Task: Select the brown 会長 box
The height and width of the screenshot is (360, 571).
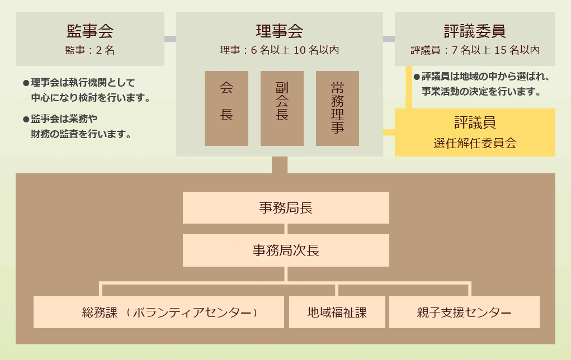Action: click(x=226, y=108)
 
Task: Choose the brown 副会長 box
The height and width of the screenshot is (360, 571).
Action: click(x=282, y=108)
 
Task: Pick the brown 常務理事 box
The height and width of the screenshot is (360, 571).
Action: click(x=337, y=108)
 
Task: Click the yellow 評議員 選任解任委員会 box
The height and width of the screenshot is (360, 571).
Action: click(x=475, y=132)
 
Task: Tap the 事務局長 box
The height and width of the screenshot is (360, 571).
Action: click(x=286, y=208)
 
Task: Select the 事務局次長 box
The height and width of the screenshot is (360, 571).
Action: click(x=286, y=250)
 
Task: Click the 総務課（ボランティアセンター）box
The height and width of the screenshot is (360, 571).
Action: click(x=159, y=312)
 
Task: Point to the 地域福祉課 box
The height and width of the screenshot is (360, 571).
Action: click(x=337, y=312)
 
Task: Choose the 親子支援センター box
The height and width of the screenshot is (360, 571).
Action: click(x=464, y=312)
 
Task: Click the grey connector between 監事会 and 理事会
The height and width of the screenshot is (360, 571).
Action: click(x=170, y=39)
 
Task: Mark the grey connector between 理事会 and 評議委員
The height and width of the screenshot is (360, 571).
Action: click(x=389, y=39)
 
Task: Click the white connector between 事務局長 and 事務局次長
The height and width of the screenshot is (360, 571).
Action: click(x=286, y=229)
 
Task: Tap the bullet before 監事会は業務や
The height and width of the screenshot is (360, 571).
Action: click(x=26, y=119)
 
